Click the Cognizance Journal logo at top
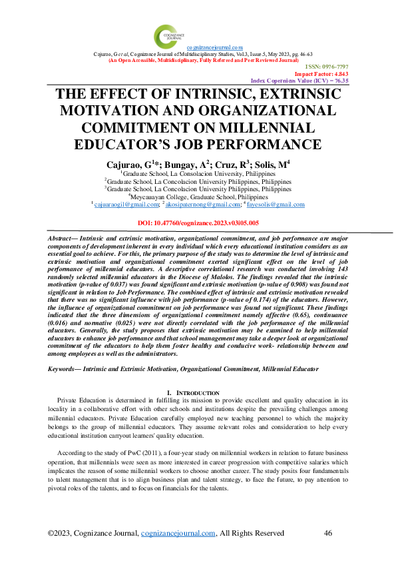point(166,34)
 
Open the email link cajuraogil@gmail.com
point(124,205)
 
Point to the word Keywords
point(67,368)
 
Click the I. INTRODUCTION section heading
point(198,393)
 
